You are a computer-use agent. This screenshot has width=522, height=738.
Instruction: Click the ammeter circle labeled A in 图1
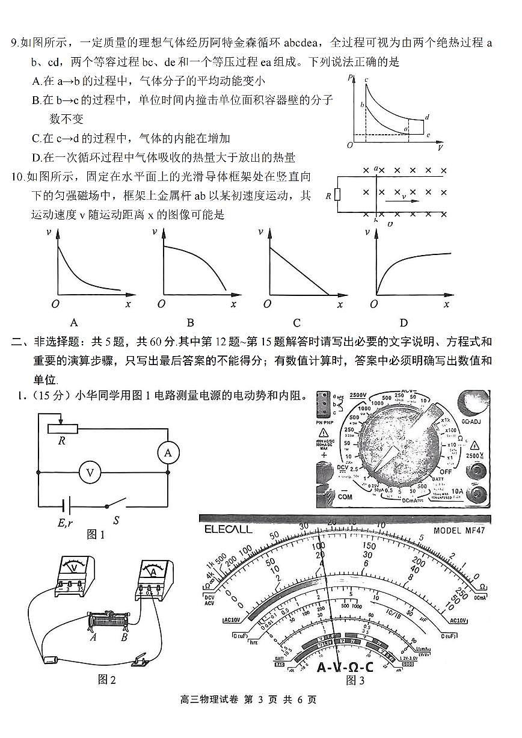168,453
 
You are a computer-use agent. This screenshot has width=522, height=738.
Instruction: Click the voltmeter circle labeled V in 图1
90,472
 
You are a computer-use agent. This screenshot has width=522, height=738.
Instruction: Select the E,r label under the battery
66,523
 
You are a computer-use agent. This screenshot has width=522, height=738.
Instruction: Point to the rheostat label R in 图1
61,440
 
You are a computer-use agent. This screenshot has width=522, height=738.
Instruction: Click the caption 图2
106,680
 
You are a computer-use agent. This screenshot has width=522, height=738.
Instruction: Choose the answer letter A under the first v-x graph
75,322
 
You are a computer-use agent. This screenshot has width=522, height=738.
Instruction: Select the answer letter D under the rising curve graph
404,322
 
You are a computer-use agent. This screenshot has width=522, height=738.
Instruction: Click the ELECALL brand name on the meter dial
229,530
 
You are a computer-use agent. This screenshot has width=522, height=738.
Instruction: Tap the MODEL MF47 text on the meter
458,530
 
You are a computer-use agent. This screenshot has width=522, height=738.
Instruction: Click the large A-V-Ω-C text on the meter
345,667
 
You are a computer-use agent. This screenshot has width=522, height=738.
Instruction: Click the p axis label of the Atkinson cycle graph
349,77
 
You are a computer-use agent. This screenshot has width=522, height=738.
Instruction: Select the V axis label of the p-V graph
441,147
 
